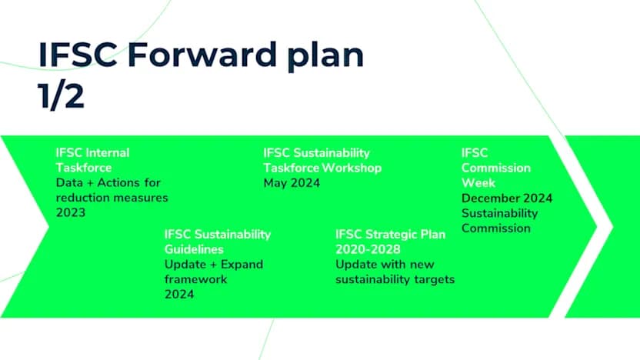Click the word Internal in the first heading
[107, 152]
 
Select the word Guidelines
[194, 249]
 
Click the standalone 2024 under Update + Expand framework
[178, 295]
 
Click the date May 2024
[292, 183]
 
